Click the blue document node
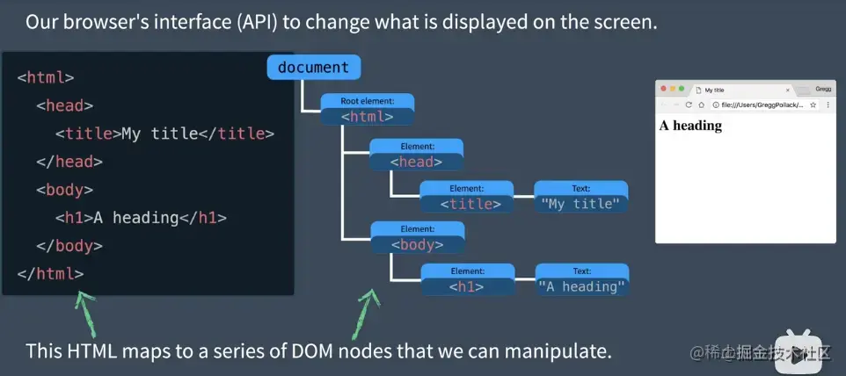click(313, 68)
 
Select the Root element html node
click(367, 110)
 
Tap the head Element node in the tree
click(416, 155)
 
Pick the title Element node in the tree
click(466, 197)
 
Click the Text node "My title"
click(580, 197)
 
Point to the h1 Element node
click(466, 279)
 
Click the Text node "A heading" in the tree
click(581, 279)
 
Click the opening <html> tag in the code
click(46, 77)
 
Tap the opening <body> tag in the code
click(64, 190)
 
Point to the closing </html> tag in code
click(50, 273)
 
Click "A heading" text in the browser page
click(690, 126)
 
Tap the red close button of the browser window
click(663, 89)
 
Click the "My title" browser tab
click(739, 90)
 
